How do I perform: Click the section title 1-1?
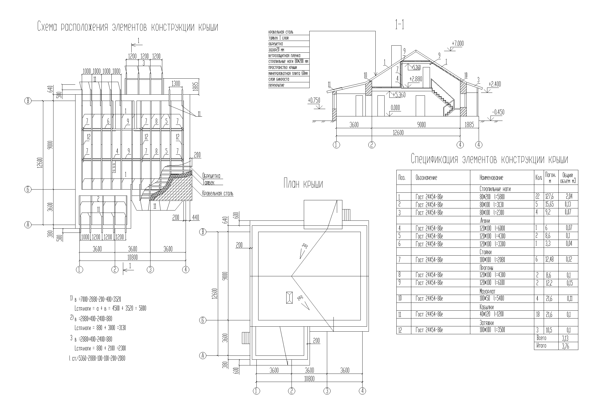coord(400,26)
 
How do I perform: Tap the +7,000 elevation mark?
coord(458,44)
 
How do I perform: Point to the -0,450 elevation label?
coord(498,112)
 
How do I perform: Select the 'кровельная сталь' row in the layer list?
coord(281,32)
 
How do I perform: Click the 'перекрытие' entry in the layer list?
coord(276,85)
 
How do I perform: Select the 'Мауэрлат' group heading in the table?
coord(488,291)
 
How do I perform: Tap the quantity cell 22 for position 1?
coord(539,197)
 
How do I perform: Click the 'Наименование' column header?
coord(491,178)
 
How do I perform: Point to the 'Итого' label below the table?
coord(541,346)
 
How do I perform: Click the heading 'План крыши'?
coord(303,184)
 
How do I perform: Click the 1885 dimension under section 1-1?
coord(469,125)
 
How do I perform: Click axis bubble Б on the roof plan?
coord(203,320)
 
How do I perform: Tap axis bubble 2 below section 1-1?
coord(372,145)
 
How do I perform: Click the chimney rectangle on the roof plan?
coord(289,298)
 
